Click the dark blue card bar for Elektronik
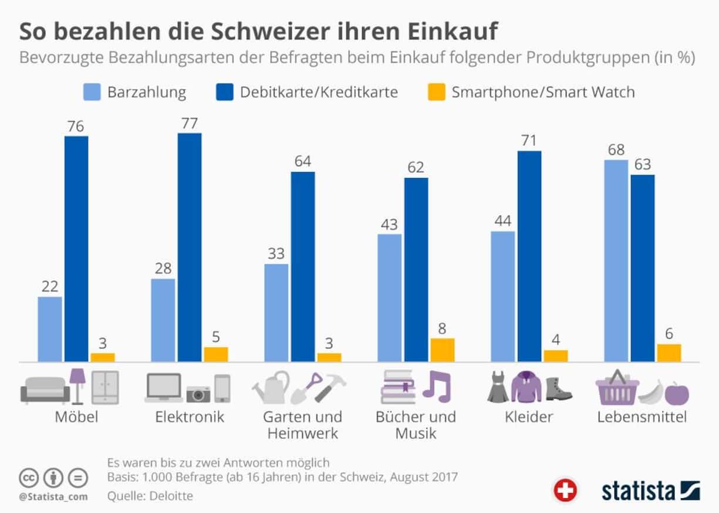pyautogui.click(x=190, y=247)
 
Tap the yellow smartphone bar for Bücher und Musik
pyautogui.click(x=443, y=350)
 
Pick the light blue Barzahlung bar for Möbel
pyautogui.click(x=50, y=328)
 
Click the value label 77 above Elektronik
pyautogui.click(x=190, y=123)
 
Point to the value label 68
pyautogui.click(x=616, y=150)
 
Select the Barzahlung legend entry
pyautogui.click(x=134, y=92)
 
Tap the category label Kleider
pyautogui.click(x=529, y=417)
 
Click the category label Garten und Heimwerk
pyautogui.click(x=302, y=425)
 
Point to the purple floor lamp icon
pyautogui.click(x=77, y=386)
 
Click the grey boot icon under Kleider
pyautogui.click(x=558, y=389)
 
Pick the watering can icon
pyautogui.click(x=271, y=388)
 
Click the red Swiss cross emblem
pyautogui.click(x=565, y=490)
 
